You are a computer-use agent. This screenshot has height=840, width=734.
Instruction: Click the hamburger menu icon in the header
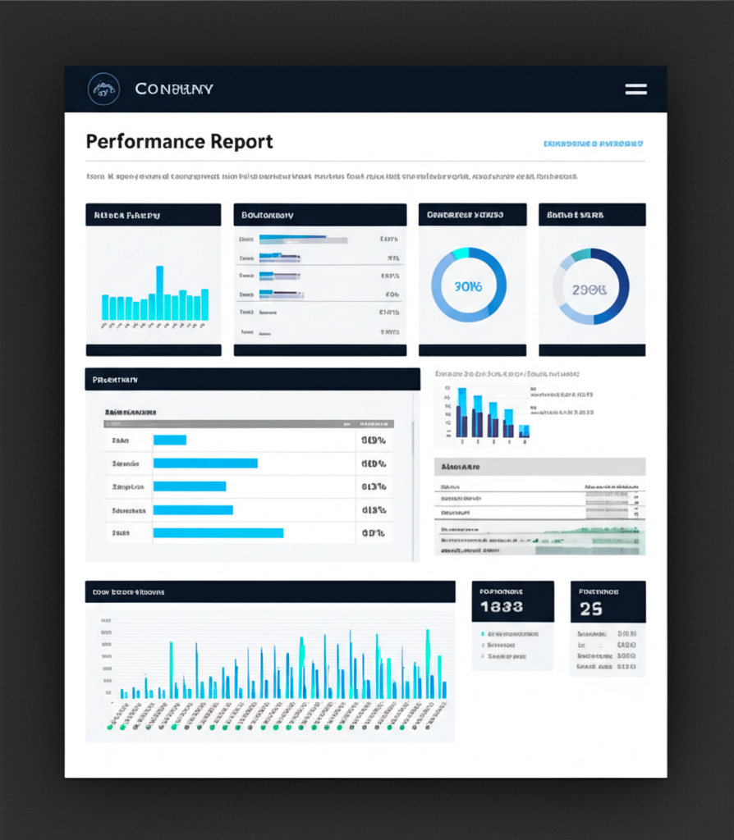[x=635, y=89]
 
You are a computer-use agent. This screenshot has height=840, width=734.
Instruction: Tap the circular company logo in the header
[x=103, y=89]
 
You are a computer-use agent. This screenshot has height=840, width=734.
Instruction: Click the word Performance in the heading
[x=145, y=141]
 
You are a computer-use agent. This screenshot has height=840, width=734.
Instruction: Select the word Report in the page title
[x=241, y=141]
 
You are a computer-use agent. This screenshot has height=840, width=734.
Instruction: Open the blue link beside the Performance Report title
[x=593, y=144]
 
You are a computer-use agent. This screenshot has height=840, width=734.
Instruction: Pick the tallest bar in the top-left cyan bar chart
[x=159, y=293]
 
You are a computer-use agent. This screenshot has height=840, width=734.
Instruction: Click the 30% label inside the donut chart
[x=468, y=287]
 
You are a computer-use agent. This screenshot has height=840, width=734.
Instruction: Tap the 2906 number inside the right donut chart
[x=589, y=289]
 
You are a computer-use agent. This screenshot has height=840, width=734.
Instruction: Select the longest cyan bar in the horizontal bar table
[x=218, y=533]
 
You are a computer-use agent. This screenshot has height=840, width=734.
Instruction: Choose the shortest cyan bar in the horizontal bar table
[x=170, y=440]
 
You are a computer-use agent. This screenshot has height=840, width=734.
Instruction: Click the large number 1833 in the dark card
[x=501, y=608]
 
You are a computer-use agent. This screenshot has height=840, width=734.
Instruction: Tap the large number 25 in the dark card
[x=590, y=609]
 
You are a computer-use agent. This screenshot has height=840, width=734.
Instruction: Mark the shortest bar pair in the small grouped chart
[x=524, y=431]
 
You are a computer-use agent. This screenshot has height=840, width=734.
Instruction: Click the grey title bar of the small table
[x=539, y=467]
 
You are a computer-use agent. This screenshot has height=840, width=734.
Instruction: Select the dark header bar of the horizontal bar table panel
[x=252, y=379]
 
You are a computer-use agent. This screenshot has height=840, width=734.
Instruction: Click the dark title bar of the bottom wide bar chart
[x=269, y=591]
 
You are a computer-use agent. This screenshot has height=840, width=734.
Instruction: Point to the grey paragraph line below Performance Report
[x=332, y=176]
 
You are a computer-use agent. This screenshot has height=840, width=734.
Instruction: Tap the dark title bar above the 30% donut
[x=472, y=215]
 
